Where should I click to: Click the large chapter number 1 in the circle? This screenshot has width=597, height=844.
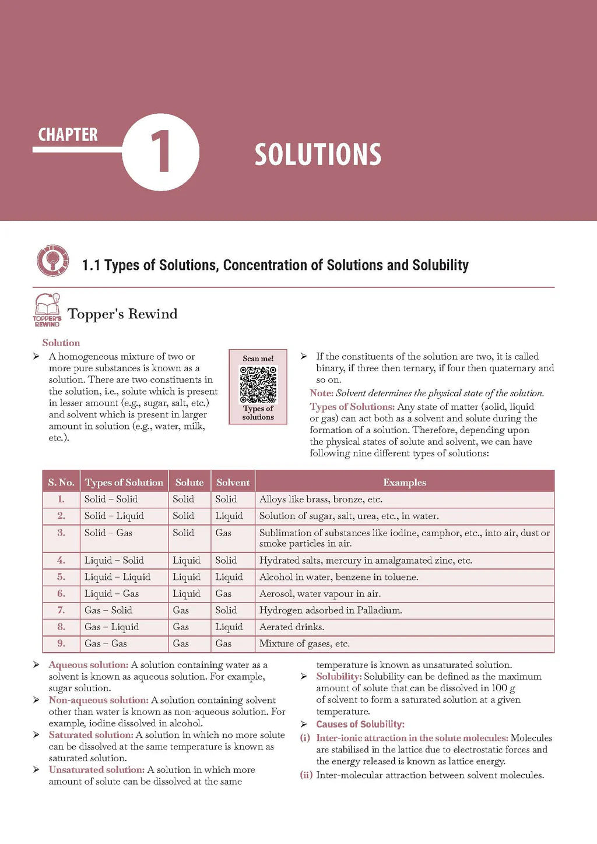click(160, 152)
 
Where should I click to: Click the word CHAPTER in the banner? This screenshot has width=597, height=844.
click(68, 135)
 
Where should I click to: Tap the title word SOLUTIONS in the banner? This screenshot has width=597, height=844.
click(318, 154)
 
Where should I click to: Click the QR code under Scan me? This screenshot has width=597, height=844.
click(258, 384)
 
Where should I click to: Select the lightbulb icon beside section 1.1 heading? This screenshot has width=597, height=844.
click(52, 260)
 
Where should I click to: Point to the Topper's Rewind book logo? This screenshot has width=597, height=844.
click(47, 310)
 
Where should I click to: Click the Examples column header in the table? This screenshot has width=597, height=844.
click(405, 482)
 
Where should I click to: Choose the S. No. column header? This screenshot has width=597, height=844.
click(61, 482)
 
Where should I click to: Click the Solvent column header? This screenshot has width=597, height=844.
click(233, 482)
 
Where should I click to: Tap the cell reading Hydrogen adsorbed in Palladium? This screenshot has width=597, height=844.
click(331, 610)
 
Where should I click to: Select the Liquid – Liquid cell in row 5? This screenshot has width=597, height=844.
click(117, 577)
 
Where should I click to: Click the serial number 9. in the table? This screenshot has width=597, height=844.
click(61, 643)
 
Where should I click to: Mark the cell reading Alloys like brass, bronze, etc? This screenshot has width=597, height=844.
click(321, 499)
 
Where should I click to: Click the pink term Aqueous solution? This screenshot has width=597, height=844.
click(89, 665)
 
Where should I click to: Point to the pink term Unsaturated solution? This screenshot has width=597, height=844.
click(97, 770)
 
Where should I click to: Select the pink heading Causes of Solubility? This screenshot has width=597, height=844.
click(360, 724)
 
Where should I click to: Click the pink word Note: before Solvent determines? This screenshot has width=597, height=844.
click(322, 393)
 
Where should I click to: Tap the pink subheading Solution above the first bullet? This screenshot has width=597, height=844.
click(61, 343)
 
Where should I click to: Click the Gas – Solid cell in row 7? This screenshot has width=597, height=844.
click(108, 610)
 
